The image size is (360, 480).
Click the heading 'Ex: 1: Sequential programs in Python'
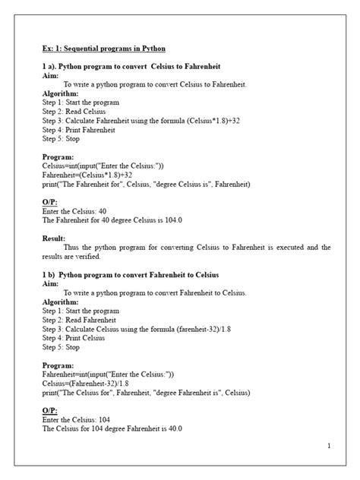pos(104,49)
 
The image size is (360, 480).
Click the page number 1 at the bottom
pos(329,446)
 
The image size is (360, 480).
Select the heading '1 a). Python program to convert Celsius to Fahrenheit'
pos(128,67)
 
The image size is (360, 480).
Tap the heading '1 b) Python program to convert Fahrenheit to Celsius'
pos(131,274)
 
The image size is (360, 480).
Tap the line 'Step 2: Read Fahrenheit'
pos(81,319)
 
